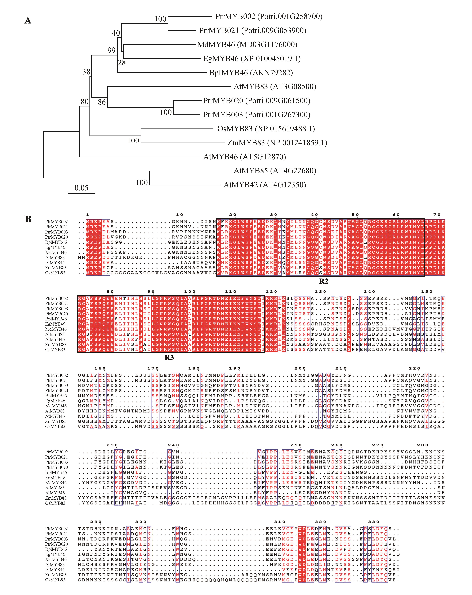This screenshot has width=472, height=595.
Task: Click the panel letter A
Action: point(28,21)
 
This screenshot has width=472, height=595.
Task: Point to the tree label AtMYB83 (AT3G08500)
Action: point(275,87)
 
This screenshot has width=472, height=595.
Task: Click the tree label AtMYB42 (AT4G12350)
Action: point(265,185)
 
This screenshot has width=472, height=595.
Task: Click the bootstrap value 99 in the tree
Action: point(111,50)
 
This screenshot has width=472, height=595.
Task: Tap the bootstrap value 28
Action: point(122,63)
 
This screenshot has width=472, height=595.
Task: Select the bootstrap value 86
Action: point(102,102)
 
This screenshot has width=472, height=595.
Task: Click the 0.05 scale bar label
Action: point(81,188)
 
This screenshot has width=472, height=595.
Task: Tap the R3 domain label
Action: point(169,358)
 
